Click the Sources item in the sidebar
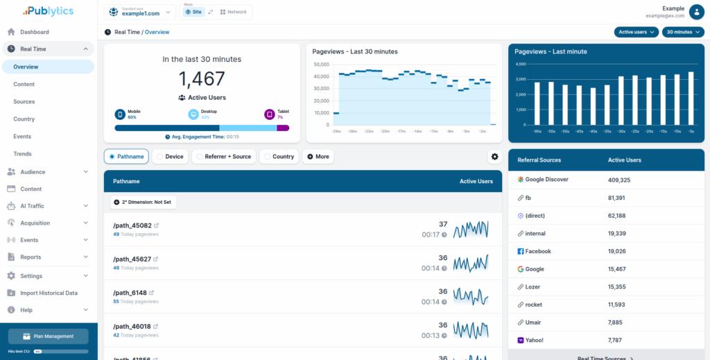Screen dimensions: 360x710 click(x=24, y=102)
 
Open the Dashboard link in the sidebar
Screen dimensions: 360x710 click(x=35, y=32)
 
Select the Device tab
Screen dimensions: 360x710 click(x=169, y=157)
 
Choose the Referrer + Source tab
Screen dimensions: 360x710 click(x=223, y=157)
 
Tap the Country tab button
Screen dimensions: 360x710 click(x=279, y=157)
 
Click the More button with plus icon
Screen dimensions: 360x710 click(x=318, y=157)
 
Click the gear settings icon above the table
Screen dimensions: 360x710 click(x=494, y=157)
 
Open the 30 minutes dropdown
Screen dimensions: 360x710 click(x=682, y=32)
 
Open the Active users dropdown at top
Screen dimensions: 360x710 click(x=636, y=32)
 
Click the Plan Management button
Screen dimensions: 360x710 click(x=49, y=336)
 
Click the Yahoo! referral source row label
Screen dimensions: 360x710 click(x=534, y=340)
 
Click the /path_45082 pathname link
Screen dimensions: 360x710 click(x=132, y=225)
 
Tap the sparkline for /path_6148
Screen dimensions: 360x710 click(x=471, y=296)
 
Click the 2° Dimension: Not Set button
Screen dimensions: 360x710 click(x=144, y=202)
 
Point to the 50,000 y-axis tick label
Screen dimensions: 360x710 click(x=321, y=65)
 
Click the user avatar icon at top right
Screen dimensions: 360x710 click(x=695, y=12)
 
